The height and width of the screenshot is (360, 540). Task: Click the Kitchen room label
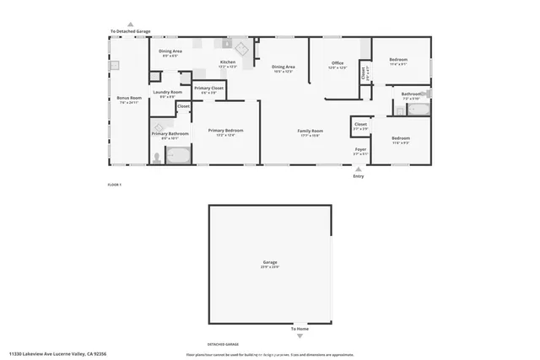click(x=228, y=62)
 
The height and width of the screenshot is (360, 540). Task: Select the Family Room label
click(x=310, y=131)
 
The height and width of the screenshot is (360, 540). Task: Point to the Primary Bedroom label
click(x=225, y=131)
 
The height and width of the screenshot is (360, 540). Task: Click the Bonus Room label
click(x=129, y=99)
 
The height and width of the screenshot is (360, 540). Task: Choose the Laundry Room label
click(x=167, y=92)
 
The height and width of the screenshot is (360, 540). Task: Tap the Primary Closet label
click(x=208, y=88)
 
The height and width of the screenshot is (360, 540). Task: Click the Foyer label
click(x=360, y=150)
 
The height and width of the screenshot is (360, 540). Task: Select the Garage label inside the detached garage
click(x=270, y=263)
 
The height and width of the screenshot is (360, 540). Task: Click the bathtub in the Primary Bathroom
click(x=178, y=155)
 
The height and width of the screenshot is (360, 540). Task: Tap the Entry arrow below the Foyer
click(x=359, y=169)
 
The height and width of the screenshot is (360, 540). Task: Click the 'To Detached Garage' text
click(x=130, y=32)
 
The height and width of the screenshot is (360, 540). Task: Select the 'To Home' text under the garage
click(x=300, y=329)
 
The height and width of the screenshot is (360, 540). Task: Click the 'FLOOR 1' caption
click(x=115, y=184)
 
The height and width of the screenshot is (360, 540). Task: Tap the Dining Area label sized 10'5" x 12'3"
click(x=283, y=67)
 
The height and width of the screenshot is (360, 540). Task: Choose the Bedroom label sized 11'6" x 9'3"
click(x=401, y=138)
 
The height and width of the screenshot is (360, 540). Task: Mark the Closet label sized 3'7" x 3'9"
click(x=360, y=125)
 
